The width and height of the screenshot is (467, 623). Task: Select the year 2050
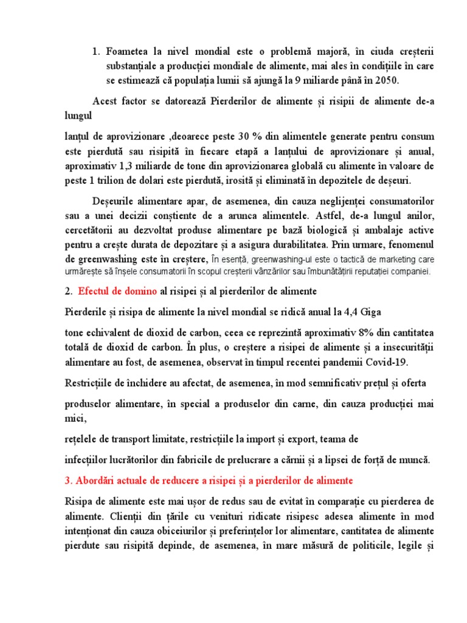tap(387, 81)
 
